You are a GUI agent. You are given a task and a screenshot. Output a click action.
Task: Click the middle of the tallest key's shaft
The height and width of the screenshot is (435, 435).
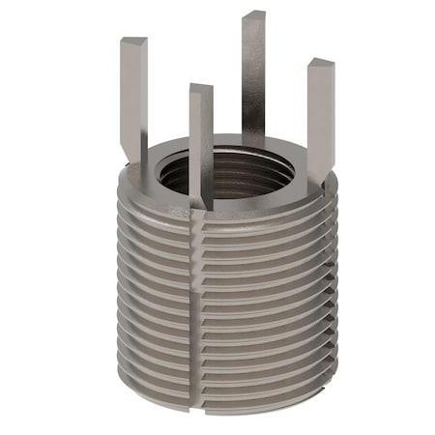click(x=253, y=77)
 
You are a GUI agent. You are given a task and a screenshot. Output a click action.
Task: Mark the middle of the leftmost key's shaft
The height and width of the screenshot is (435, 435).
click(x=133, y=97)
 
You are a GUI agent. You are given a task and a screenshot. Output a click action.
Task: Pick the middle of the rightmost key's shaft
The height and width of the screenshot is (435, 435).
click(x=320, y=116)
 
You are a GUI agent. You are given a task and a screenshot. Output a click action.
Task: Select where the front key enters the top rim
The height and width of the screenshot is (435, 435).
click(x=201, y=198)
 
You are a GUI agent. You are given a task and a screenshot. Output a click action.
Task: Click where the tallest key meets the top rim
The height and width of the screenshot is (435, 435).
click(x=253, y=138)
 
